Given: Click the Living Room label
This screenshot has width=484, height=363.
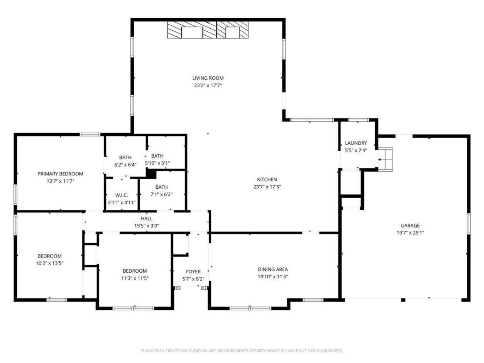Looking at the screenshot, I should [x=208, y=78].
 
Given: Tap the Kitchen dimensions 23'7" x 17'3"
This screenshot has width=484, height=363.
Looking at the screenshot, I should [x=267, y=187].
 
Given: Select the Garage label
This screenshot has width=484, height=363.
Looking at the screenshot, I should [x=410, y=226].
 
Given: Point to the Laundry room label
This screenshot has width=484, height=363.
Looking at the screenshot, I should [x=356, y=143].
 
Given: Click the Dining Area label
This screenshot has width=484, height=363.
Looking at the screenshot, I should [x=273, y=269].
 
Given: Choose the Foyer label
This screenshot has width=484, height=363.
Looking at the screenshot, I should [x=193, y=271].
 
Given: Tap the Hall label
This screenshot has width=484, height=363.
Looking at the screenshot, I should [x=147, y=219].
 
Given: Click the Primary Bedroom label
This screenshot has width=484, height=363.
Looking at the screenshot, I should [x=60, y=174].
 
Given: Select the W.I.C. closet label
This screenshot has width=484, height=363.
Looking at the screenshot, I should [x=122, y=195].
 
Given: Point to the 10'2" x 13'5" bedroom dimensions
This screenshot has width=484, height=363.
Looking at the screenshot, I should [x=50, y=263].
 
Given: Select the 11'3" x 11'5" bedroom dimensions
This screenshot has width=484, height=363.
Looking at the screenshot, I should [x=135, y=278].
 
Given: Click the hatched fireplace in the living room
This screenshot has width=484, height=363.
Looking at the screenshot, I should [x=209, y=30].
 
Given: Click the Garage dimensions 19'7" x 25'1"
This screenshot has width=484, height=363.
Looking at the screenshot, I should [x=410, y=233].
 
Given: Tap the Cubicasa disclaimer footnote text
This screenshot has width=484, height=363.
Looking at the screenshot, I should [x=242, y=351].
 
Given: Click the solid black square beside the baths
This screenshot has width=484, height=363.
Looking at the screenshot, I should [x=151, y=173].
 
